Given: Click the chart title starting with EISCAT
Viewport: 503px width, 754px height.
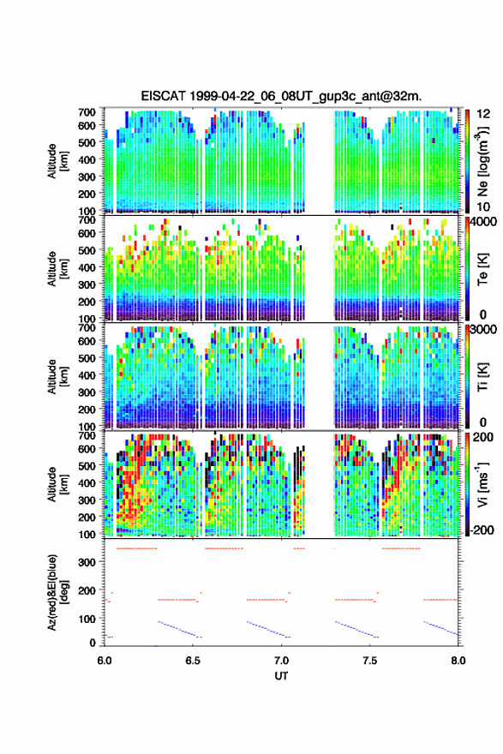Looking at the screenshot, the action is (281, 96).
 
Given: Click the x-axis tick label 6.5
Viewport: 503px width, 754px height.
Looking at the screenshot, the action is (193, 661).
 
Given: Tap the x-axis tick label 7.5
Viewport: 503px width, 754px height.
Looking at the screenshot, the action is (370, 661).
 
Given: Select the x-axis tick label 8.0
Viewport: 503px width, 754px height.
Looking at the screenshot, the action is (458, 661).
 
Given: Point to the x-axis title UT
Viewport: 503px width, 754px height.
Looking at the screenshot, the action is (281, 676).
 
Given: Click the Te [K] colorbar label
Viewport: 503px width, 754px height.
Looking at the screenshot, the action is (482, 270).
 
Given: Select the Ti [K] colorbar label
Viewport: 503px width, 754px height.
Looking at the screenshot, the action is (482, 376).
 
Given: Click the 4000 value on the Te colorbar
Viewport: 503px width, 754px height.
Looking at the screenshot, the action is (484, 222).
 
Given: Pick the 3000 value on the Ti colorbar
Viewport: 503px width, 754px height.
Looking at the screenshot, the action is (484, 330).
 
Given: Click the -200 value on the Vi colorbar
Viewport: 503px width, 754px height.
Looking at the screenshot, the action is (480, 530).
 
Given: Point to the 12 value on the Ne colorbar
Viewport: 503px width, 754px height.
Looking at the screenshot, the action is (484, 114).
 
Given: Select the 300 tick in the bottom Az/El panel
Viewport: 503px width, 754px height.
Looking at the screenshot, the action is (87, 562).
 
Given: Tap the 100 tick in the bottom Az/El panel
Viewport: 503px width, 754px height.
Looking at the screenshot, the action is (87, 619).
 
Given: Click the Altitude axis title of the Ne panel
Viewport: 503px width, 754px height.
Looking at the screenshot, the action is (57, 161).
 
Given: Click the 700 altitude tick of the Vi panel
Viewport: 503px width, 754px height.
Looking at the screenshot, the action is (87, 435).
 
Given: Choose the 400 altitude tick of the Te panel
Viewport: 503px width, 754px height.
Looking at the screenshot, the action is (87, 267).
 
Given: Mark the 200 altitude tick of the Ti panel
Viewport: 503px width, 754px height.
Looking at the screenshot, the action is (87, 410).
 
